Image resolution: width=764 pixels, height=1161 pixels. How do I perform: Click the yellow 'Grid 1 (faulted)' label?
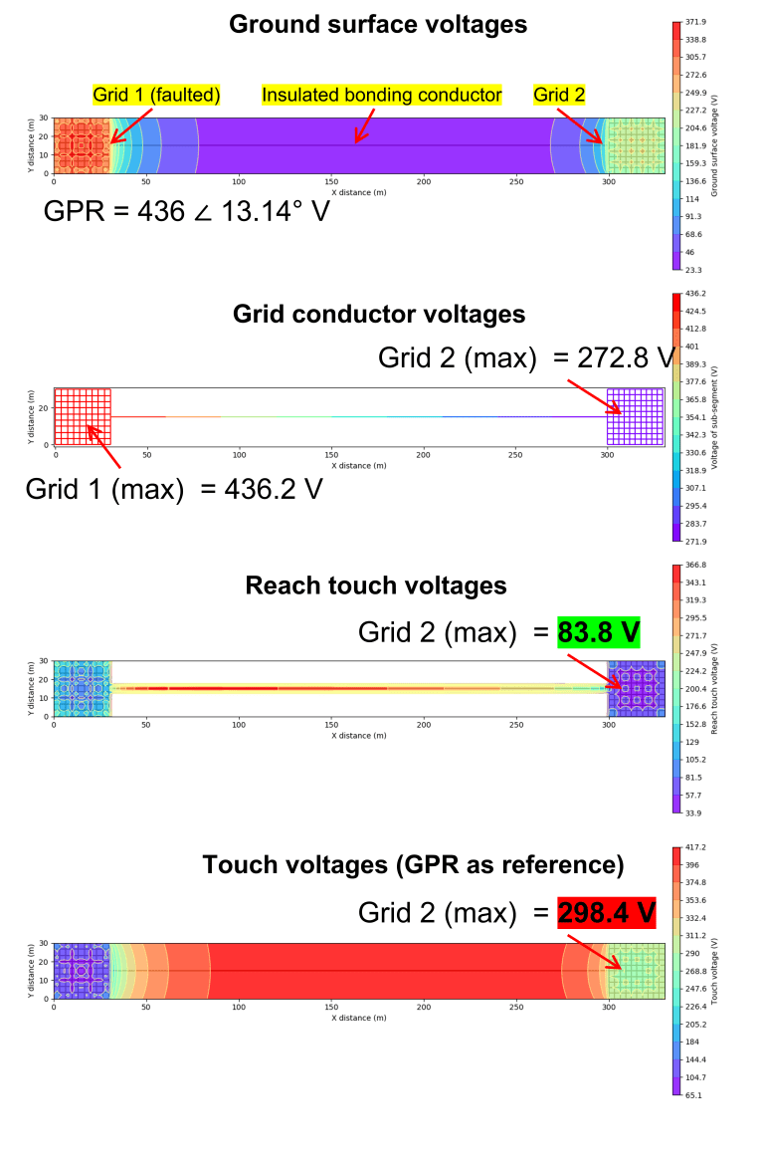pyautogui.click(x=156, y=95)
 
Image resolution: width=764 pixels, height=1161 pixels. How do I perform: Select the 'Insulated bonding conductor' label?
pyautogui.click(x=382, y=95)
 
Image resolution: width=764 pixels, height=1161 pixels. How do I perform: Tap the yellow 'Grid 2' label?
pyautogui.click(x=559, y=95)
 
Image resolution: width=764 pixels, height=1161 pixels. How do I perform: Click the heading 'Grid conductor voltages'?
pyautogui.click(x=378, y=315)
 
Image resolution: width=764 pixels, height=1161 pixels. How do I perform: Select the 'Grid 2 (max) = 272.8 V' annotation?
pyautogui.click(x=525, y=358)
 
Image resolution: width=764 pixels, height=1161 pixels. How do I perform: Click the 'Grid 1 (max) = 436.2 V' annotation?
pyautogui.click(x=174, y=489)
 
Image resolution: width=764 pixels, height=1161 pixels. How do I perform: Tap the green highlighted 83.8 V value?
pyautogui.click(x=598, y=632)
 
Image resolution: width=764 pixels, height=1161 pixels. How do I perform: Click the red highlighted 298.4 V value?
pyautogui.click(x=606, y=911)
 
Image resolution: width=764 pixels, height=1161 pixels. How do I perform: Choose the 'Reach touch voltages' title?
pyautogui.click(x=376, y=585)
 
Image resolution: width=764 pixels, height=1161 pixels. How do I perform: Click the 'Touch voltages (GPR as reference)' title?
pyautogui.click(x=413, y=865)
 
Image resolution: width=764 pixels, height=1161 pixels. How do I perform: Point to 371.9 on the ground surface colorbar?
pyautogui.click(x=696, y=21)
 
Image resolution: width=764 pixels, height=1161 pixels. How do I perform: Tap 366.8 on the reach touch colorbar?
pyautogui.click(x=696, y=565)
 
